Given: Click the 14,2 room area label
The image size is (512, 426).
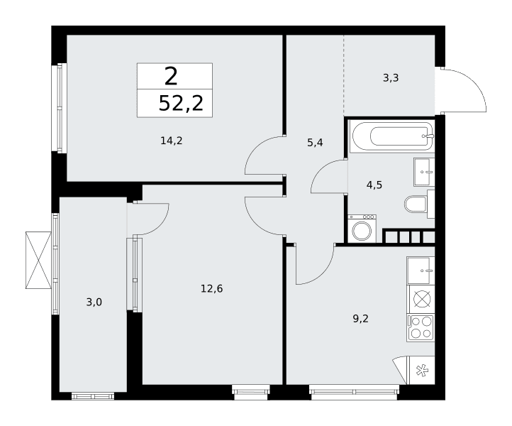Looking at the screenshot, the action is pos(172,141).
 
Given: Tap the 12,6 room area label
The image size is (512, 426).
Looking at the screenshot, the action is pos(211,289).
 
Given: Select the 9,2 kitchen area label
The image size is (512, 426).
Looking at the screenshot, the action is pos(360,319).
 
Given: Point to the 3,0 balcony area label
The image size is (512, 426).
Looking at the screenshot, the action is pos(94,302).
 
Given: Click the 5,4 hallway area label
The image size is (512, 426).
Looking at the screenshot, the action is pos(315,143).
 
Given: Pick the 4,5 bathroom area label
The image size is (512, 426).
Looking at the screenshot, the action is pos(374,185).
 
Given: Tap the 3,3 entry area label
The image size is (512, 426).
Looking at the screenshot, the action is pos(391,78).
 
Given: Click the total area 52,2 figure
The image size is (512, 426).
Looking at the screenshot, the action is pos(181,104).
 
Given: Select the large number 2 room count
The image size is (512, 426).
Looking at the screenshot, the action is pos(171,76).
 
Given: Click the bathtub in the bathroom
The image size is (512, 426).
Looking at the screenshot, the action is pos(392,136).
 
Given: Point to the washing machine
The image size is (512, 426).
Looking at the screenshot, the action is pos(362,229).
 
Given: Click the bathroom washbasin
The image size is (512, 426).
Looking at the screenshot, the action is pos(424,172).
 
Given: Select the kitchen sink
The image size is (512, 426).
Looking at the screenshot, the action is pos(421,271).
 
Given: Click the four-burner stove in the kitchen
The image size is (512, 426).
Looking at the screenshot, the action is pos(421,328).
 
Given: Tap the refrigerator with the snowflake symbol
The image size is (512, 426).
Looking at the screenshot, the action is pos(421,371).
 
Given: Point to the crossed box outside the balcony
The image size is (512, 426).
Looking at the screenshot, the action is pos(38,261).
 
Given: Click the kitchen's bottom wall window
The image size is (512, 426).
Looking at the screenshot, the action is pos(354,392).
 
